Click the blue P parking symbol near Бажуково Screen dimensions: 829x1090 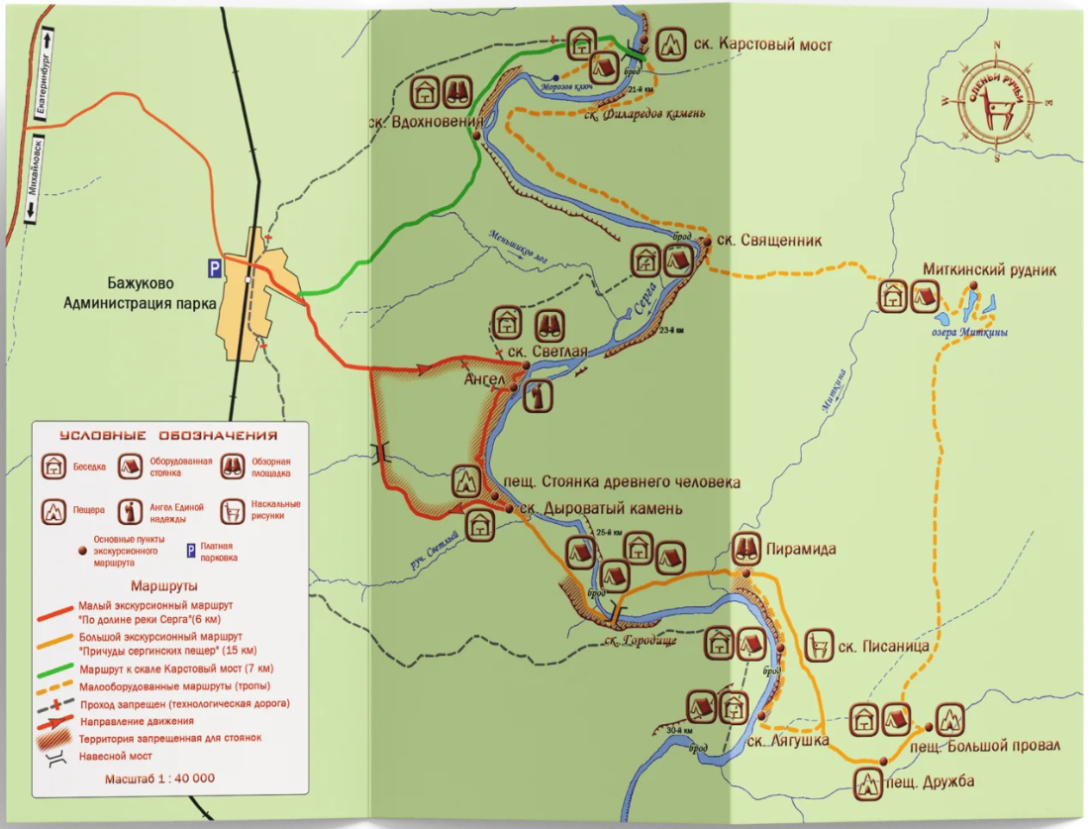pyautogui.click(x=212, y=266)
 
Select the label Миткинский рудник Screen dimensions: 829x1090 pyautogui.click(x=989, y=268)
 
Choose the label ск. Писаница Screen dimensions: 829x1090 pyautogui.click(x=883, y=647)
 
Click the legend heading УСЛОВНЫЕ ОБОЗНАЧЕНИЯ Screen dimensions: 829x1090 pyautogui.click(x=167, y=435)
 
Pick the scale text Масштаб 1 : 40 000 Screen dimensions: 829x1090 pyautogui.click(x=159, y=778)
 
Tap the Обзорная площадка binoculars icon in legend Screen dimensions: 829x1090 pyautogui.click(x=235, y=466)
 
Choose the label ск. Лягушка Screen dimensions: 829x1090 pyautogui.click(x=788, y=741)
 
